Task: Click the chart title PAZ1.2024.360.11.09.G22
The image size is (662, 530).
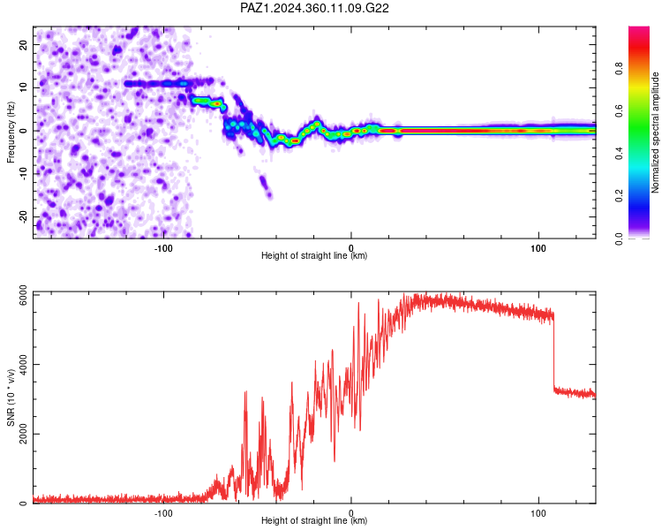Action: tap(314, 8)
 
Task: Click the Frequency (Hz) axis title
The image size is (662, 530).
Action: tap(11, 132)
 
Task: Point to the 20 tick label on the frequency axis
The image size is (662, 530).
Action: tap(23, 44)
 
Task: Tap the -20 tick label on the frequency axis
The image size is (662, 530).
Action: tap(23, 217)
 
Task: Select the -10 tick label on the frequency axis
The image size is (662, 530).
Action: tap(23, 174)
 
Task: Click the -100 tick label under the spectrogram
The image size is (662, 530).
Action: tap(163, 248)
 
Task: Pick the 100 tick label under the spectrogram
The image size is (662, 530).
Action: tap(538, 248)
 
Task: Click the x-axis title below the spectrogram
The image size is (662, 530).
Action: tap(314, 255)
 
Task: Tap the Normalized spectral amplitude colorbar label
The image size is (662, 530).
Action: tap(655, 132)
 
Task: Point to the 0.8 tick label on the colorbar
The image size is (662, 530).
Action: tap(620, 69)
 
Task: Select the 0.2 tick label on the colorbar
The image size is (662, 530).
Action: tap(620, 196)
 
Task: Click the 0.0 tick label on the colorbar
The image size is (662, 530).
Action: tap(620, 238)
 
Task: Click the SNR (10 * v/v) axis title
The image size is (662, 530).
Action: tap(11, 397)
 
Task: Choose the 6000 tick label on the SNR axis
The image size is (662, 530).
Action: tap(23, 295)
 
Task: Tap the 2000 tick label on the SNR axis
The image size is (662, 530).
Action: tap(23, 435)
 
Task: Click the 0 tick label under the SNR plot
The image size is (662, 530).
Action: tap(350, 513)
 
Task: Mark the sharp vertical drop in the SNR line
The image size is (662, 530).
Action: tap(553, 351)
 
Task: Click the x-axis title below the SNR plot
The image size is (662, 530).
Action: tap(314, 520)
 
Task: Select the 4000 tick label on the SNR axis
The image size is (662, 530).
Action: tap(23, 364)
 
